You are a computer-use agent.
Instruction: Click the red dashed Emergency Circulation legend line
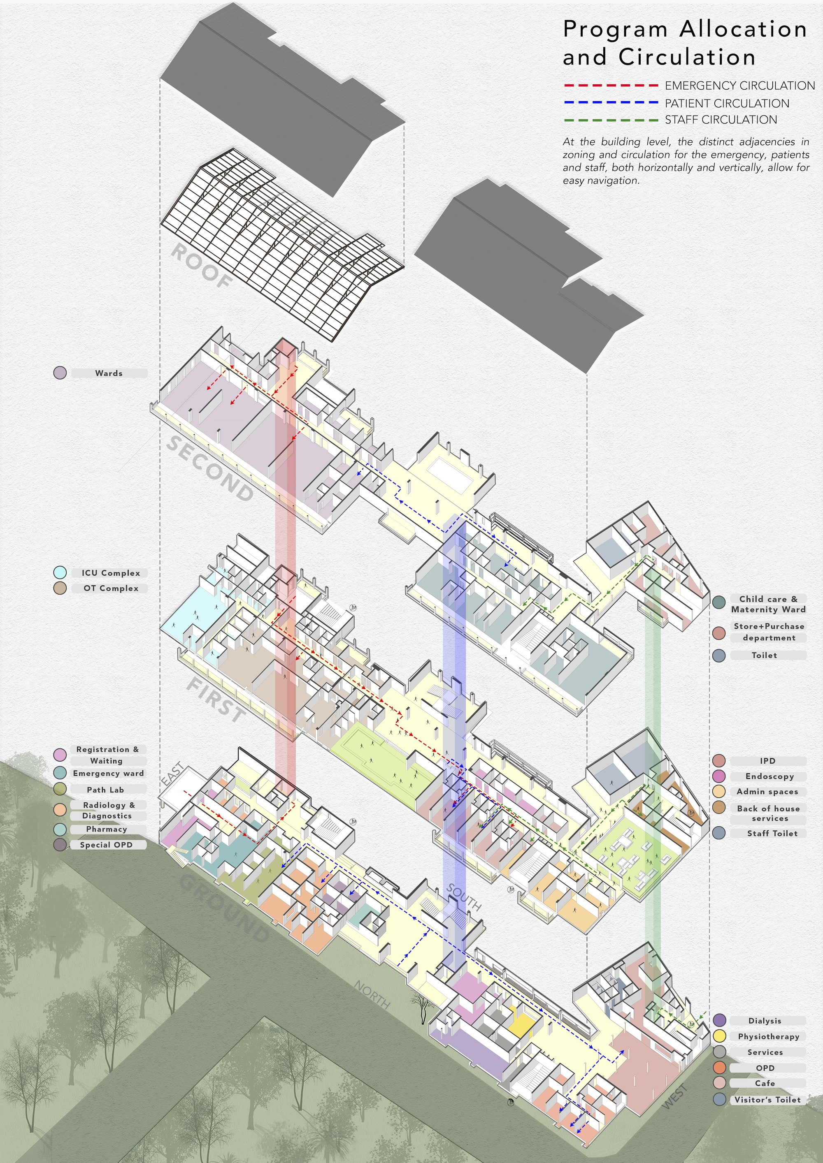611,86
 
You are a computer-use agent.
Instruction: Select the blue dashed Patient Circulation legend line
611,103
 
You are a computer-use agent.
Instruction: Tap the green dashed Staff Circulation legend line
611,120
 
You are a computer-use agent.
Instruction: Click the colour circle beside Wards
60,373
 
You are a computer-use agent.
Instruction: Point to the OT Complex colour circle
60,588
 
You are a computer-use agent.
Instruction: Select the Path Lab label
105,789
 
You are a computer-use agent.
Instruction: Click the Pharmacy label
107,829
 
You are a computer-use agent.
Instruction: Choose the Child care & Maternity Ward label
768,604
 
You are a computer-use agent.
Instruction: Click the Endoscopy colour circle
718,776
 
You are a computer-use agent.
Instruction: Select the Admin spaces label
767,791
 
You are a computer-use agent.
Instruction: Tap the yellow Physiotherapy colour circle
720,1036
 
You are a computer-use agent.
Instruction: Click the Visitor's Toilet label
767,1100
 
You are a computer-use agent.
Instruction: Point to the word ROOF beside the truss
201,266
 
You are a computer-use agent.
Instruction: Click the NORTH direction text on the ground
372,994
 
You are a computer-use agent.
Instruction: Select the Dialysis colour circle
720,1021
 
